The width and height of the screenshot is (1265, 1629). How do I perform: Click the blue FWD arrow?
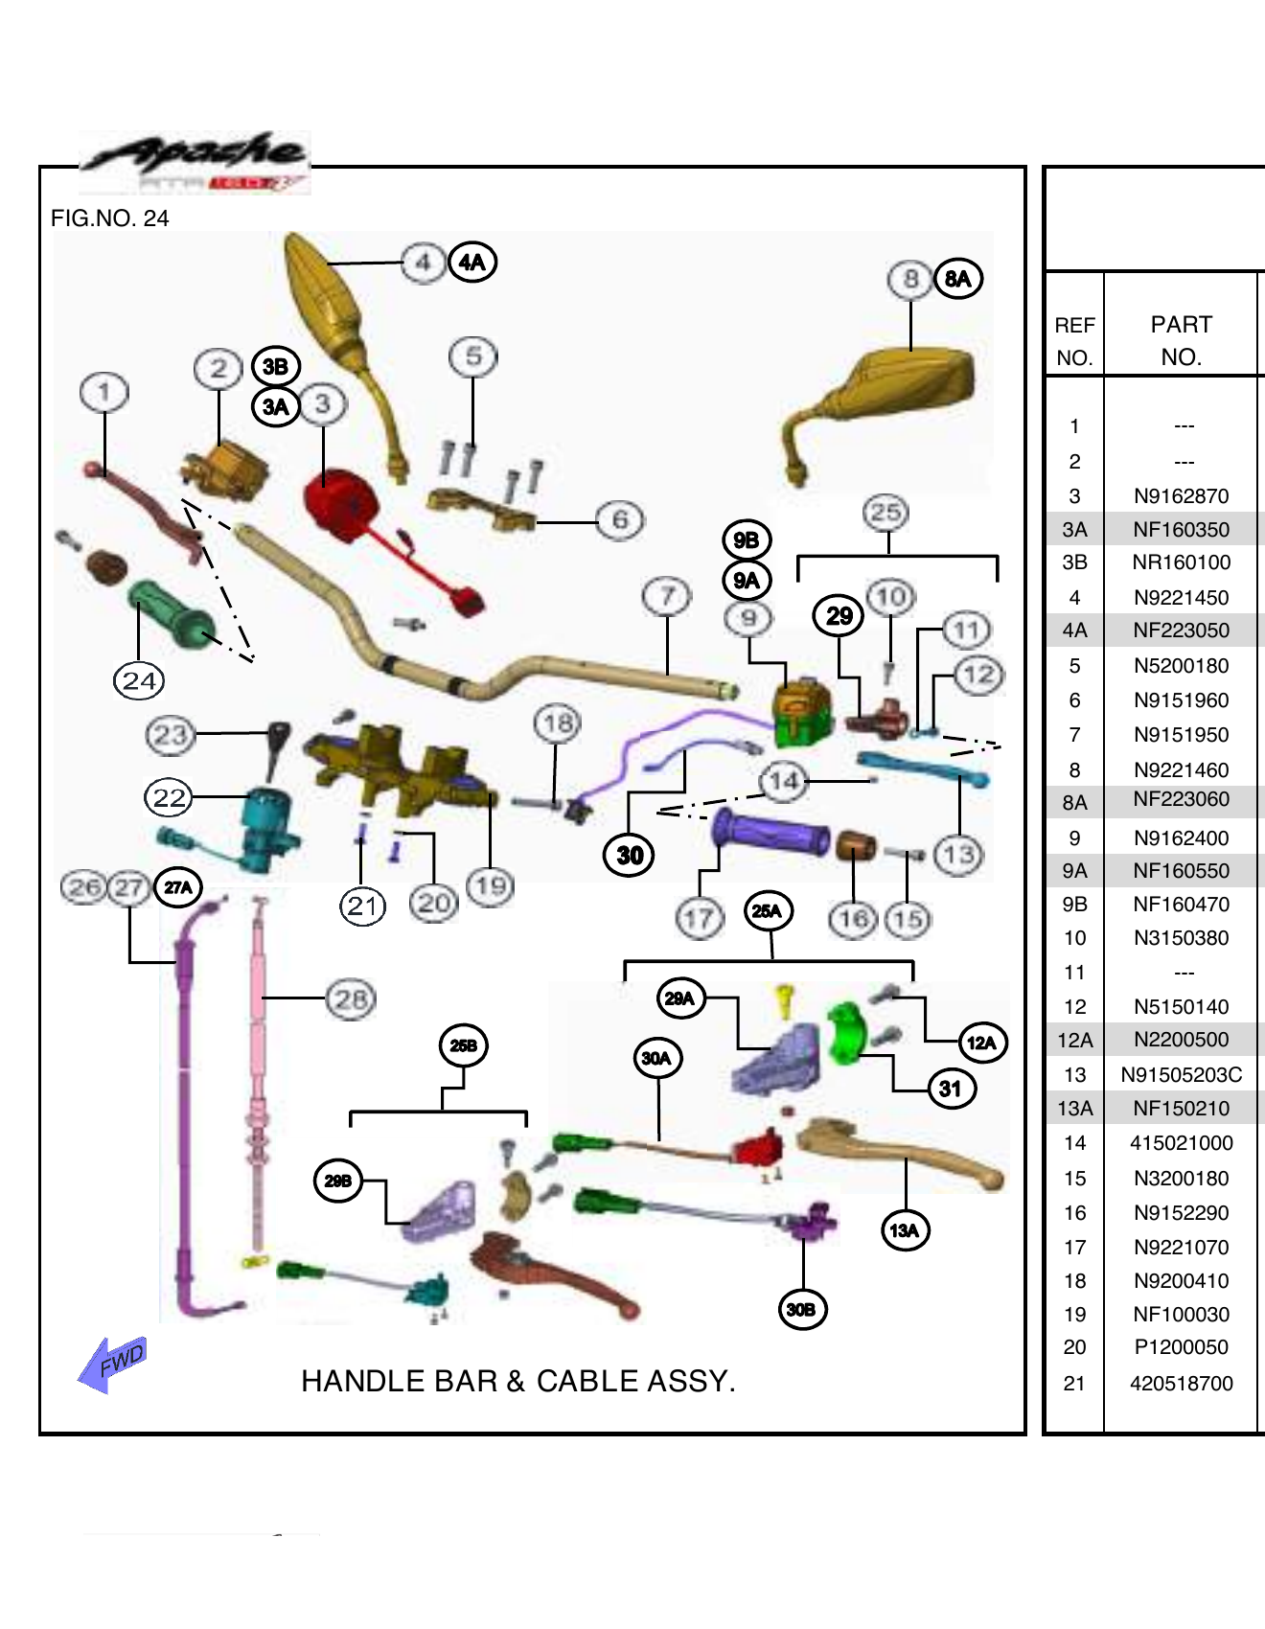tap(112, 1363)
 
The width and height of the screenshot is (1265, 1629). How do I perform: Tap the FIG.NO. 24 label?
tap(109, 218)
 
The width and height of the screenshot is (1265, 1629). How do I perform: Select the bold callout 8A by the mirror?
tap(957, 279)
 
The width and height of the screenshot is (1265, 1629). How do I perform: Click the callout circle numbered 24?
tap(139, 681)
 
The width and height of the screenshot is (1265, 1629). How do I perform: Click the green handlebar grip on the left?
tap(171, 613)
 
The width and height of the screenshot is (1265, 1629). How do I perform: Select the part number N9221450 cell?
tap(1180, 598)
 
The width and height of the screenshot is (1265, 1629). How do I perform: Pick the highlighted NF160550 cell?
tap(1180, 871)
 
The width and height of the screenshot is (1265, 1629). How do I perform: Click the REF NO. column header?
tap(1074, 341)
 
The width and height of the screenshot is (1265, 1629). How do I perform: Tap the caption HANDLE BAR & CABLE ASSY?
tap(517, 1381)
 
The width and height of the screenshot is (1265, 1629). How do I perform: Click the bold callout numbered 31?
tap(950, 1089)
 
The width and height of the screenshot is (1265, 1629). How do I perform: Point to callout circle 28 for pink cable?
tap(351, 999)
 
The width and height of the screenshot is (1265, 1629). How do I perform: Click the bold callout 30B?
tap(801, 1309)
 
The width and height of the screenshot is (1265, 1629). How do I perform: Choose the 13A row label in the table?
tap(1074, 1109)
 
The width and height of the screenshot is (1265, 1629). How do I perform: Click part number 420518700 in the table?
tap(1180, 1384)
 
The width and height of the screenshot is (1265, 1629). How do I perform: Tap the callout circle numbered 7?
tap(667, 596)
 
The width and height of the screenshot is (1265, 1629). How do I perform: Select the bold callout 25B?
tap(464, 1045)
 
